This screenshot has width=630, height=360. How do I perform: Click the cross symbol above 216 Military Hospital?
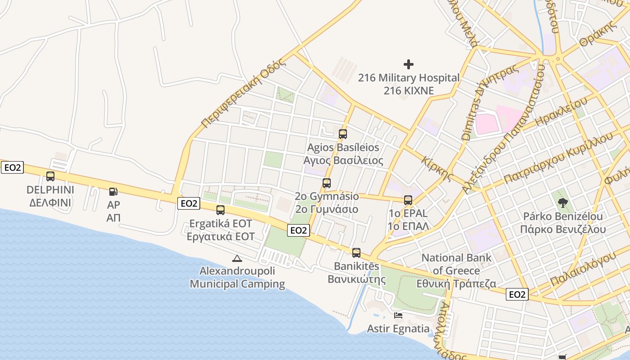click(409, 64)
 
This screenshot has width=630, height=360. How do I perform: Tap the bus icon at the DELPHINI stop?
click(50, 176)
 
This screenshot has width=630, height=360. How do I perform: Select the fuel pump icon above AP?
click(113, 192)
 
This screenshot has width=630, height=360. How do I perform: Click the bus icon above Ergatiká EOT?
click(220, 210)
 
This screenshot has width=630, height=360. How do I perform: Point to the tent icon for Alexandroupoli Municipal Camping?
click(237, 258)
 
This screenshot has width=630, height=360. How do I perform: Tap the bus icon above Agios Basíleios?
click(343, 134)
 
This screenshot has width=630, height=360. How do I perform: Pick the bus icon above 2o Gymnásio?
click(327, 183)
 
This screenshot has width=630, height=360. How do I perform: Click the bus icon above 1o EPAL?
click(408, 200)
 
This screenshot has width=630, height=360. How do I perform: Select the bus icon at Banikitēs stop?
click(356, 253)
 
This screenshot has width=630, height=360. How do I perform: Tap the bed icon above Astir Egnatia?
click(398, 315)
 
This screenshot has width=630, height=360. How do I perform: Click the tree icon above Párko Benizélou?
click(562, 203)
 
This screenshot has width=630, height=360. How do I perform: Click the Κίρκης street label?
click(437, 168)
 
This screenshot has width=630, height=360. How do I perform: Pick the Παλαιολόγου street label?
click(582, 269)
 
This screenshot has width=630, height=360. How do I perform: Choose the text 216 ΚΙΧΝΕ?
click(409, 90)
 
